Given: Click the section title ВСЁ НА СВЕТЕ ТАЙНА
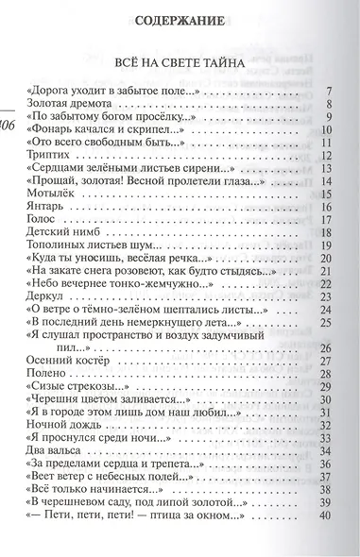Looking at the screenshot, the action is pyautogui.click(x=180, y=62).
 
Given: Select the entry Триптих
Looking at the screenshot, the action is pyautogui.click(x=50, y=155).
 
